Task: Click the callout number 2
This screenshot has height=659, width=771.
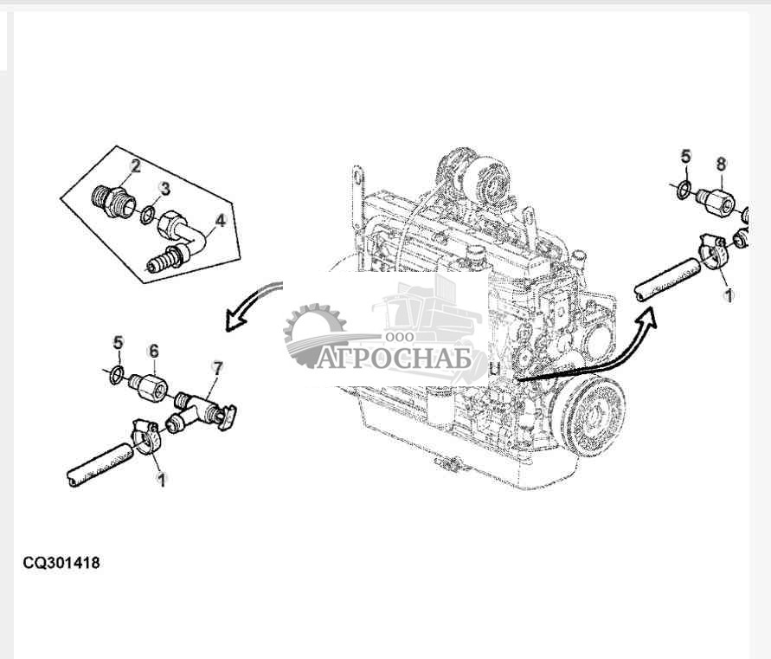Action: pos(135,166)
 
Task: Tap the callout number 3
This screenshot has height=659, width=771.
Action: pos(165,188)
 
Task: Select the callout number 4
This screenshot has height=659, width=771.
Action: pos(221,221)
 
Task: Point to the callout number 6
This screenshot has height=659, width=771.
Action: pos(154,351)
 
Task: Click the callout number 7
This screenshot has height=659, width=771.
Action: pos(217,367)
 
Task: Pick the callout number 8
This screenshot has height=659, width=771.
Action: pos(721,164)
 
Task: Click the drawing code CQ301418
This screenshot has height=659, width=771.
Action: pos(61,563)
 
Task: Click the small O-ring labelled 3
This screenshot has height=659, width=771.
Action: pos(147,216)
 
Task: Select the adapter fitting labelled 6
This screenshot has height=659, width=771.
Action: pos(147,386)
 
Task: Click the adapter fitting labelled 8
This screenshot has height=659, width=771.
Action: pos(716,202)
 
